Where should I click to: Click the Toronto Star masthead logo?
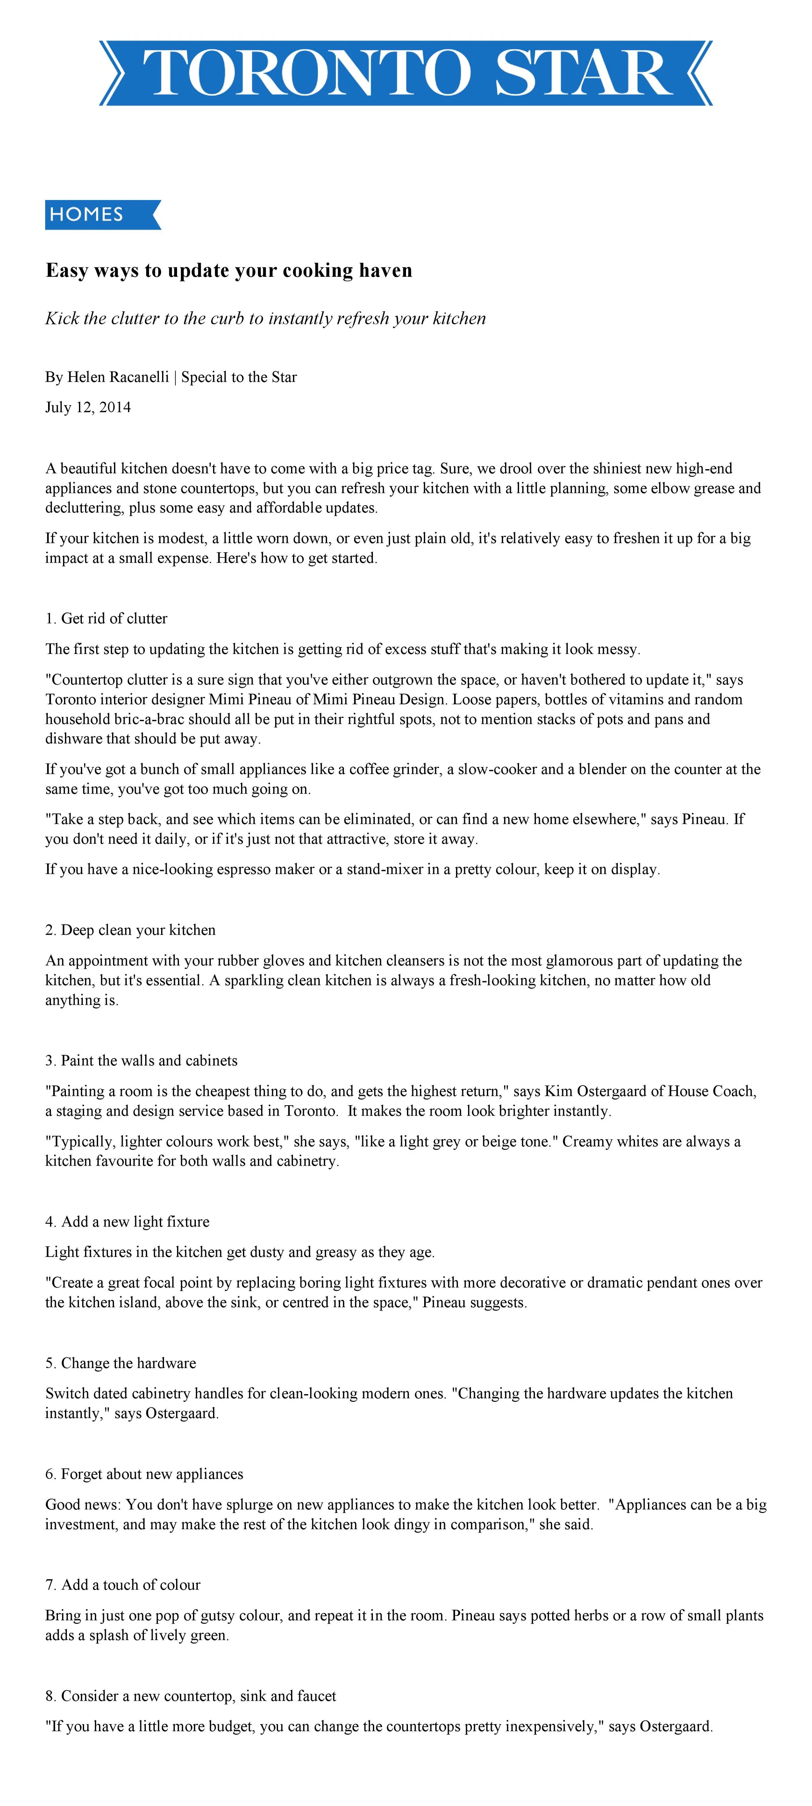(405, 73)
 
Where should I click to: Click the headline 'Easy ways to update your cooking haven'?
(229, 271)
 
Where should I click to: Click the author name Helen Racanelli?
(118, 377)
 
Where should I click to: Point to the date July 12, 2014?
(88, 407)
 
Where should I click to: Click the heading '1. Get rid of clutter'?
(107, 618)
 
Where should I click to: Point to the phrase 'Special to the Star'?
(239, 377)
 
